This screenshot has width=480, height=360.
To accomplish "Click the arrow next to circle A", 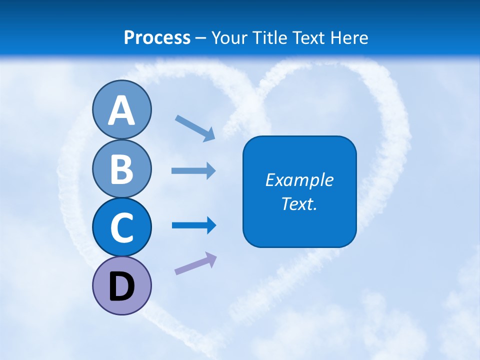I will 195,128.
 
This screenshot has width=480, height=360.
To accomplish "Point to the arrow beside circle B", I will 194,170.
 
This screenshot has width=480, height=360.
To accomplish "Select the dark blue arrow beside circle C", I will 194,225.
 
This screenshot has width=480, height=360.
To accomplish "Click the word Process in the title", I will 157,37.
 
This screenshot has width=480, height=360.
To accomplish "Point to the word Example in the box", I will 299,180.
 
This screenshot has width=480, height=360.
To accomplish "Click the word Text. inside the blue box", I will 299,203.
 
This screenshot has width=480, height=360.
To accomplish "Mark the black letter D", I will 121,287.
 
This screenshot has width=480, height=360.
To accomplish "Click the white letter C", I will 121,228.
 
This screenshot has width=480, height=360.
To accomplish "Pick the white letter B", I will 121,169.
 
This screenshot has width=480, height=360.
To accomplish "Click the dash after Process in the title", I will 201,38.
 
